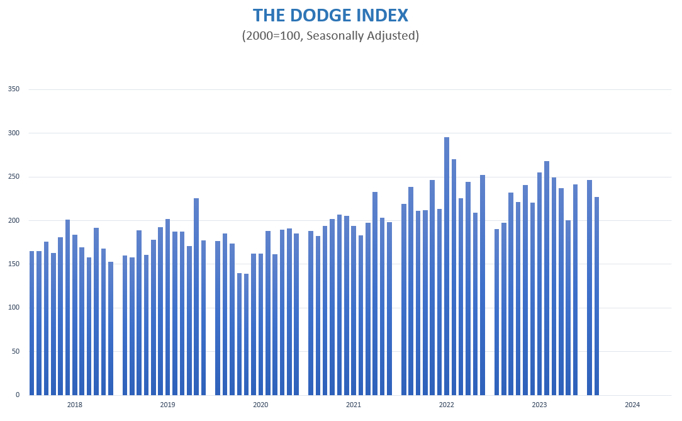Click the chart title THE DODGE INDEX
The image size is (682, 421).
click(330, 15)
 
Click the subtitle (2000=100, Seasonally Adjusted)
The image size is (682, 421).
click(330, 35)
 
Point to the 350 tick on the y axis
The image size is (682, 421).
click(14, 89)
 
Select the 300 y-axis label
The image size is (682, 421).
click(14, 133)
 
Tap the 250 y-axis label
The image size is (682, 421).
click(14, 177)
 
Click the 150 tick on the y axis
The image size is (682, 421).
click(14, 264)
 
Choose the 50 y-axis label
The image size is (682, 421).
click(16, 352)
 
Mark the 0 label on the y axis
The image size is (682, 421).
click(18, 395)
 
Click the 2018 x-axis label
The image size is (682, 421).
click(74, 405)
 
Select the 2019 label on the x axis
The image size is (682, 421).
click(167, 405)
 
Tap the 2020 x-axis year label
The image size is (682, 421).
click(260, 405)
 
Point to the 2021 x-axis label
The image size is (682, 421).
click(354, 405)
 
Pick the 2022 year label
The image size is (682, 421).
click(447, 405)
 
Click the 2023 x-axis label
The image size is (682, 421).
click(540, 405)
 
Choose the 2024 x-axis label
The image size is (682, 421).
click(633, 405)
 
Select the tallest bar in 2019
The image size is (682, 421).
click(196, 296)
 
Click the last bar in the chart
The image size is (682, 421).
click(596, 296)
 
